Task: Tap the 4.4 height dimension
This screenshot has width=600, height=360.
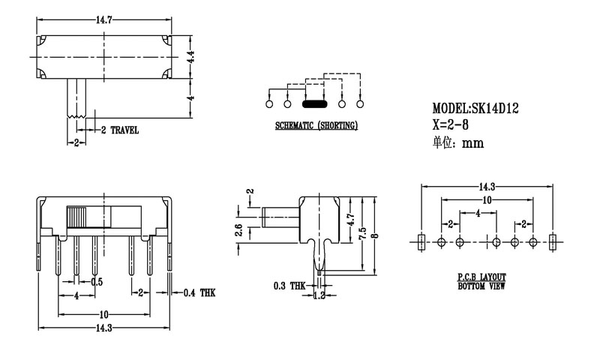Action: pyautogui.click(x=192, y=55)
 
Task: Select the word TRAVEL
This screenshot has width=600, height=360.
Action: pyautogui.click(x=124, y=130)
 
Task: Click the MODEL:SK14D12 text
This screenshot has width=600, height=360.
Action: pyautogui.click(x=475, y=108)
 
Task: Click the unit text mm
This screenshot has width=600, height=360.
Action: pyautogui.click(x=472, y=143)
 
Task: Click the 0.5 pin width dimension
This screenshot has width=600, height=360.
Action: pyautogui.click(x=97, y=282)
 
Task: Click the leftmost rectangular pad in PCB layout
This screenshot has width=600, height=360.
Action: pyautogui.click(x=421, y=241)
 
